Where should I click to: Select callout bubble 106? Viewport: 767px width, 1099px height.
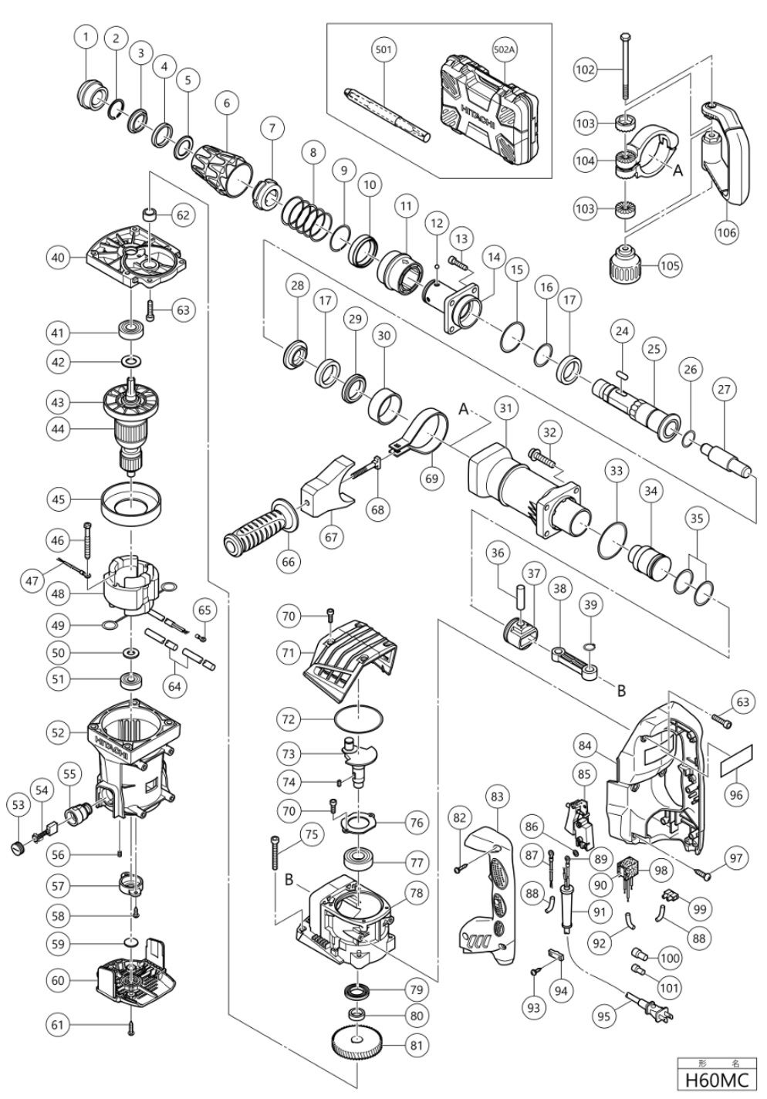727,230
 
